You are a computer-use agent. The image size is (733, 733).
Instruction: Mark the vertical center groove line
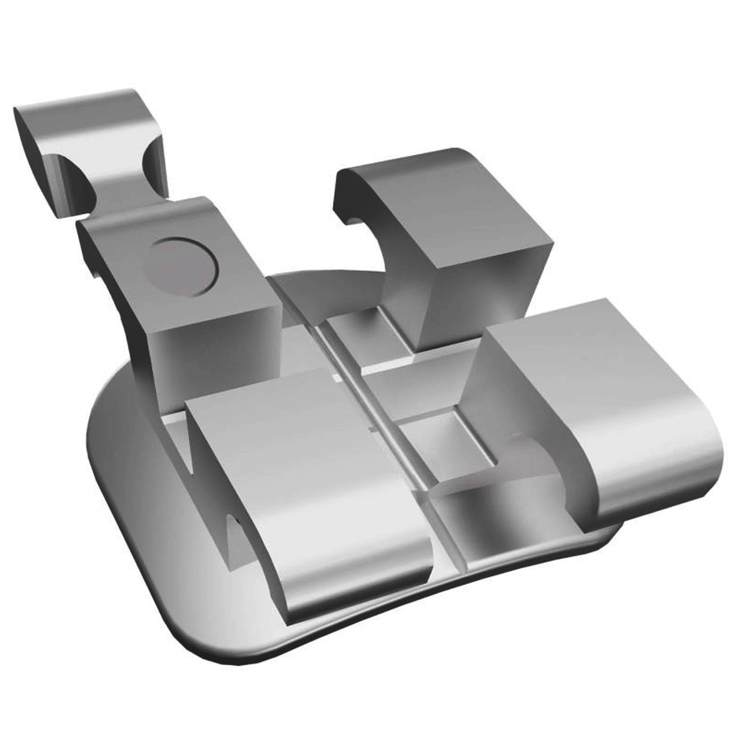(x=391, y=428)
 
